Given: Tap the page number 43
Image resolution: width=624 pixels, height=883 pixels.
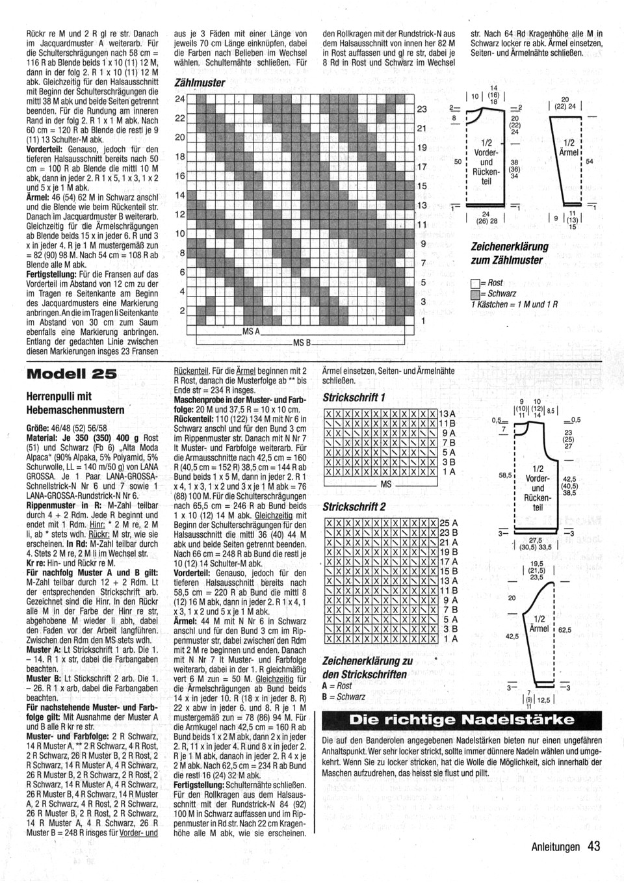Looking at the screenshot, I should [x=593, y=846].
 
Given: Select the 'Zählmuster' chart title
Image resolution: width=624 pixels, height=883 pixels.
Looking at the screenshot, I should [x=200, y=83].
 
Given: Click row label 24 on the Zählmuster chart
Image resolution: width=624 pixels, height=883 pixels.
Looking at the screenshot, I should [x=181, y=99].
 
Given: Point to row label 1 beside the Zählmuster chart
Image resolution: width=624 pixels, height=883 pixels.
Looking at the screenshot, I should [x=422, y=321].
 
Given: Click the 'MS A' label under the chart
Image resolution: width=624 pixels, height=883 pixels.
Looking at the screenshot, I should [x=251, y=332].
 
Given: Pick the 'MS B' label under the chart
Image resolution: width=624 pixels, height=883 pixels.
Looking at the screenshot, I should [x=302, y=342].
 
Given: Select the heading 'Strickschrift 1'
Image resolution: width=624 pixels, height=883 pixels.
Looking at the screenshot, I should [x=354, y=397].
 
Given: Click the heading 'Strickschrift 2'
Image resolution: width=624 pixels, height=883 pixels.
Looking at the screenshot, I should [x=354, y=507].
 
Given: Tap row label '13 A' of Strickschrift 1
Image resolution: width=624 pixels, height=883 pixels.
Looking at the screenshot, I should [x=447, y=414].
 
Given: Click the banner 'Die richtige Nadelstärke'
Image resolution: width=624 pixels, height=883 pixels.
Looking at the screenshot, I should [x=461, y=720].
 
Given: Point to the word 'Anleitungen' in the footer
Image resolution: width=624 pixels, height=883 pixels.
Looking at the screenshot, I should [x=554, y=847].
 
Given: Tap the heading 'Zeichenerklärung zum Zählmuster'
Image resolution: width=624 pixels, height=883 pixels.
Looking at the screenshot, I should [x=509, y=253].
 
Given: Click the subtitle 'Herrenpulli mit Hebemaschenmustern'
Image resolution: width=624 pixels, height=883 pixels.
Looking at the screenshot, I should [x=75, y=403].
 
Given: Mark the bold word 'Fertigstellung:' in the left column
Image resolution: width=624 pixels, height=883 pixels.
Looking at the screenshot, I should [x=53, y=274].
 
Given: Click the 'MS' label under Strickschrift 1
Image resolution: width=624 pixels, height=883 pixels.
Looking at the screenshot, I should [x=386, y=484].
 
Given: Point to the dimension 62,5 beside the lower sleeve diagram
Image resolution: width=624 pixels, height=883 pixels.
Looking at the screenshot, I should [x=564, y=630].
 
